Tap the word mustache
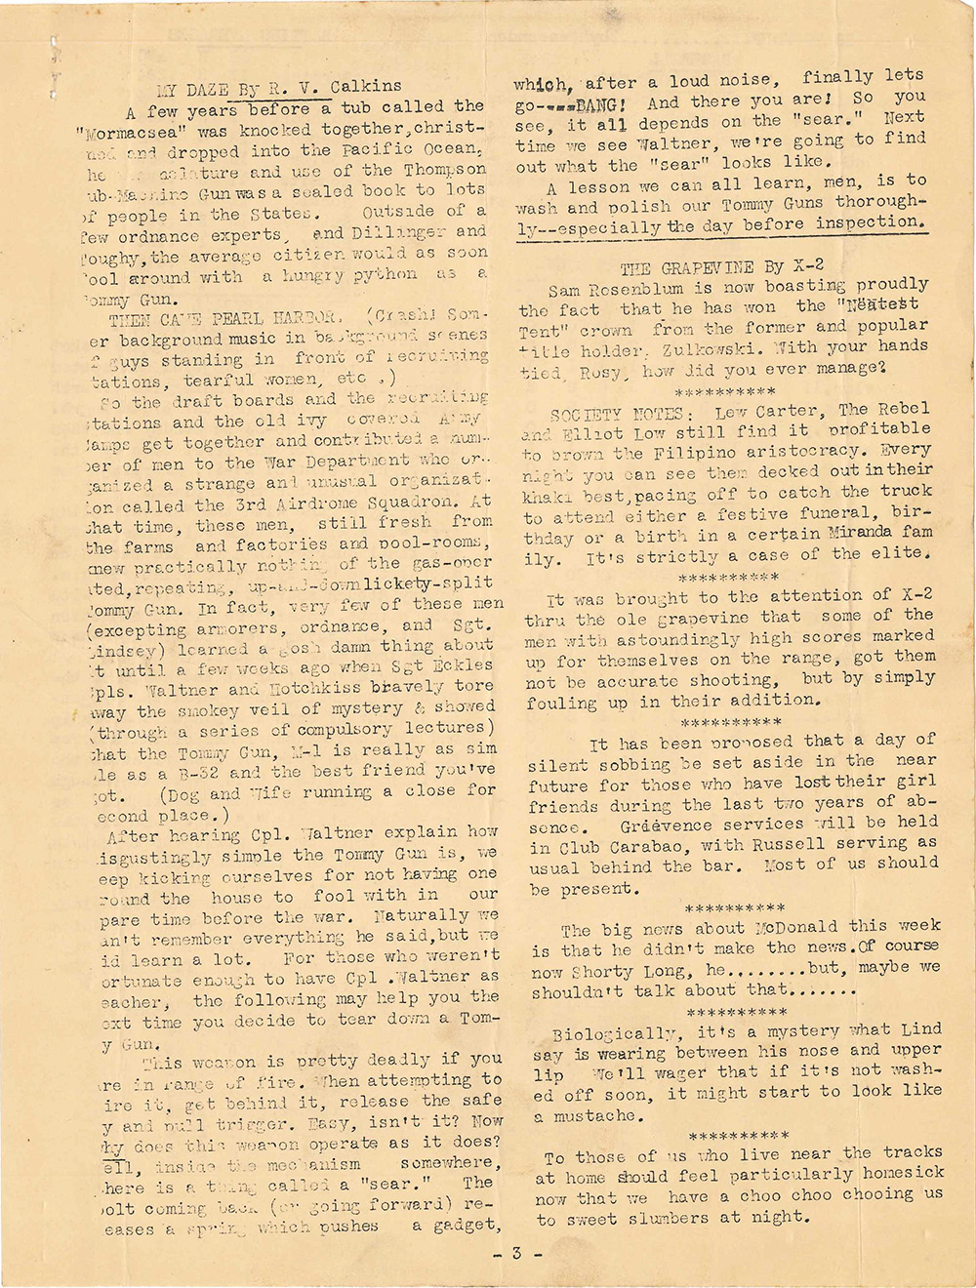[x=595, y=1115]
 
